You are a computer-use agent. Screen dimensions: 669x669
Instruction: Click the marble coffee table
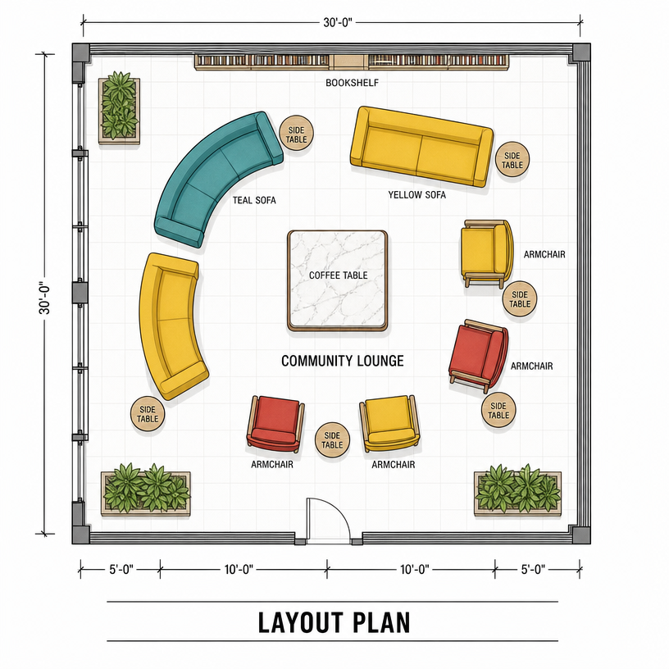click(338, 280)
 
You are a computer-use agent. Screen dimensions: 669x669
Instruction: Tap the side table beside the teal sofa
click(297, 133)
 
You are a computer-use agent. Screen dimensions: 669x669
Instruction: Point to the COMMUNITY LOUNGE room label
click(342, 361)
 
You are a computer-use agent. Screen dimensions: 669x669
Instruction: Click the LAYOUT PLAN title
click(334, 622)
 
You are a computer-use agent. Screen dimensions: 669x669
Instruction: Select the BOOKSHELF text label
click(352, 83)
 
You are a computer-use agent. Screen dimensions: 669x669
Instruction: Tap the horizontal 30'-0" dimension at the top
click(338, 22)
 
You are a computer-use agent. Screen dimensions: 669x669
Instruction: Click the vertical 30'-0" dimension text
click(45, 298)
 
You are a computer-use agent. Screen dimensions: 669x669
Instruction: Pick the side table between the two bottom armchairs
click(332, 440)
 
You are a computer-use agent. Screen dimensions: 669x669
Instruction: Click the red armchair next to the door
click(275, 423)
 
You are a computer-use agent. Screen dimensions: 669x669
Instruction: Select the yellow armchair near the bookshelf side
click(486, 253)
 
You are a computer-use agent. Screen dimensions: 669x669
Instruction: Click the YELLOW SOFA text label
click(416, 195)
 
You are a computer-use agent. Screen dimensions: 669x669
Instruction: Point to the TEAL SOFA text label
click(254, 200)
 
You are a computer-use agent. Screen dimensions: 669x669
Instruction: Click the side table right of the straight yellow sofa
click(512, 160)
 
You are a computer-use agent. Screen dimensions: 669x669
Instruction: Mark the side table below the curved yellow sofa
click(148, 414)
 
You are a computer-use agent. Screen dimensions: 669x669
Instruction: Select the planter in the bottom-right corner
click(517, 492)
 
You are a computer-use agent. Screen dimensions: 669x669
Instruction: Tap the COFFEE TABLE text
click(338, 275)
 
